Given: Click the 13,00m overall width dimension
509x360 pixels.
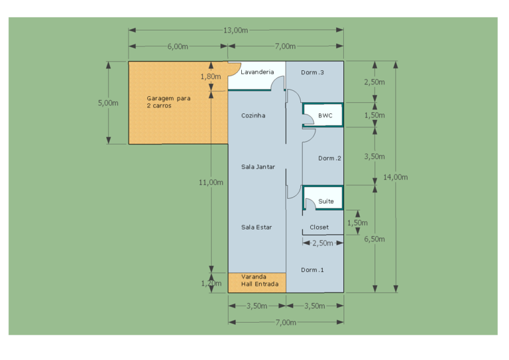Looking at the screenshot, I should click(235, 30).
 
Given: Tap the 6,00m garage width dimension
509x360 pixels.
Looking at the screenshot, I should click(178, 46).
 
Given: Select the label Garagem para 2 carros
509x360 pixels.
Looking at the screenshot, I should click(168, 101).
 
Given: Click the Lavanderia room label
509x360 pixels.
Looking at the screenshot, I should click(257, 72).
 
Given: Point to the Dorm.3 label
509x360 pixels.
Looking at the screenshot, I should click(312, 72).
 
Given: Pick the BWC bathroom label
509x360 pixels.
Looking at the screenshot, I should click(325, 115).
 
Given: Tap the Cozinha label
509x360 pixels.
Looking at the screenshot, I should click(253, 115).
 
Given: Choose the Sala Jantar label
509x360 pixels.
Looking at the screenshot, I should click(258, 166).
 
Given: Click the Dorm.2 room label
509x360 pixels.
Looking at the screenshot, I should click(329, 158).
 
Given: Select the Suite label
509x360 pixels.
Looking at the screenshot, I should click(326, 201).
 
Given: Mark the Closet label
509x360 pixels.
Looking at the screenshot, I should click(319, 227).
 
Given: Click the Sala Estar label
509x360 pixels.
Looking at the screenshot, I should click(256, 227).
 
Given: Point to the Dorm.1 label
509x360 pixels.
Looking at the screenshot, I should click(312, 270).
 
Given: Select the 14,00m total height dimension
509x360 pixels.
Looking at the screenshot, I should click(396, 177).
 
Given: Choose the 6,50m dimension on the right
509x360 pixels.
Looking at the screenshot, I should click(375, 239).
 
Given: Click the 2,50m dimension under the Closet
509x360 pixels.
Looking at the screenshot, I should click(322, 243).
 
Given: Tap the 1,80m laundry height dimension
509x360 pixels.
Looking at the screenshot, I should click(211, 76).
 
